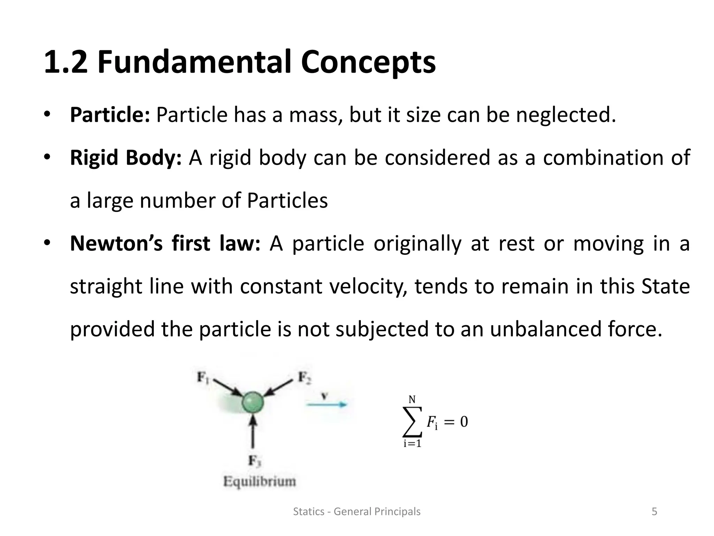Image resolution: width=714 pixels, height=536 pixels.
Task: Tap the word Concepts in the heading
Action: coord(368,62)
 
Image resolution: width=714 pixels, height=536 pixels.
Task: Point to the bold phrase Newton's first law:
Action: coord(165,243)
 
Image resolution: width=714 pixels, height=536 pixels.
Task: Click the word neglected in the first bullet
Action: coord(565,115)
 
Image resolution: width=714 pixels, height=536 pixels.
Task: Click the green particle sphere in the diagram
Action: coord(253,402)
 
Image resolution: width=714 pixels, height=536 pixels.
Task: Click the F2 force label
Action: coord(304,377)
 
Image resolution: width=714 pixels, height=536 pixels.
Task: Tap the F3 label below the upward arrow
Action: coord(254,461)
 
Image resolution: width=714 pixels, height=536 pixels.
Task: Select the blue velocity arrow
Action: coord(327,405)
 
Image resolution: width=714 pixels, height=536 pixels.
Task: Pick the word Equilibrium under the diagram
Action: coord(259,482)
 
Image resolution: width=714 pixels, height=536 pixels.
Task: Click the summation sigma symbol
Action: coord(412,422)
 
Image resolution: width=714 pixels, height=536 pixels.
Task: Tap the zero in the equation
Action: coord(464,422)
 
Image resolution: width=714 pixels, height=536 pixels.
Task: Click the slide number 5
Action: coord(654,512)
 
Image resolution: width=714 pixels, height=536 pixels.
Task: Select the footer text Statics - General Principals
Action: coord(357,512)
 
